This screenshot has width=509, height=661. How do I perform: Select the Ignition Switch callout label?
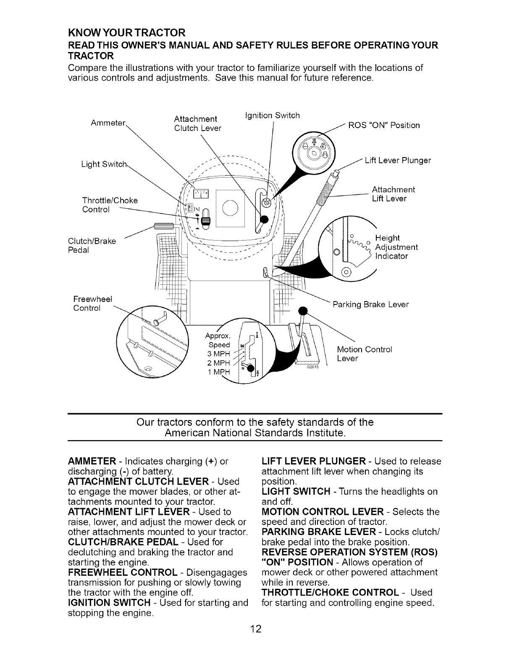[272, 115]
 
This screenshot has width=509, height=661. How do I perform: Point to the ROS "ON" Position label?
[385, 126]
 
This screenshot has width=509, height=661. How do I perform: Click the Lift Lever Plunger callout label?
[397, 160]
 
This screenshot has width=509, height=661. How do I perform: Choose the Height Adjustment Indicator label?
[396, 247]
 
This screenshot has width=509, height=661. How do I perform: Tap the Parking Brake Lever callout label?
[370, 304]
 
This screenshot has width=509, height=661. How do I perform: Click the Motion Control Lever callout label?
[365, 354]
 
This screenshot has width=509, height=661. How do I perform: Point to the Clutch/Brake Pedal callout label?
[92, 246]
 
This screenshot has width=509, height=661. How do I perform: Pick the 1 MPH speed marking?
[219, 372]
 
